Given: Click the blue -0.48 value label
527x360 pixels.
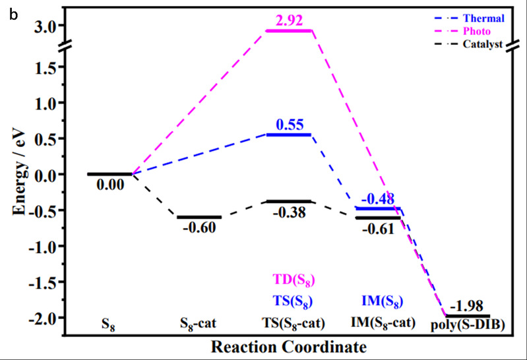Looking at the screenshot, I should (x=378, y=198).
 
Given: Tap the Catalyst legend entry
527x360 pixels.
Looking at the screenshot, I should (x=483, y=44).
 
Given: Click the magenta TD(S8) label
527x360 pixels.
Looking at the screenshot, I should (x=288, y=280).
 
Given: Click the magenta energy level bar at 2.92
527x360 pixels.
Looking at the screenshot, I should (x=289, y=31).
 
